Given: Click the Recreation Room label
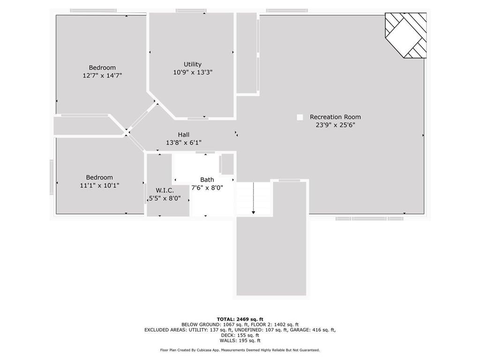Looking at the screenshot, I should tap(335, 117).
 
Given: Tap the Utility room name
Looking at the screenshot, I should tap(193, 64).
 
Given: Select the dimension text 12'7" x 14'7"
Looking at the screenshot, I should tap(102, 75).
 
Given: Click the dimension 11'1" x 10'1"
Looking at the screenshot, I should tap(99, 185).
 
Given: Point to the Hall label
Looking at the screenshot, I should tap(183, 135).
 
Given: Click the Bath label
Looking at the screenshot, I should tap(207, 180).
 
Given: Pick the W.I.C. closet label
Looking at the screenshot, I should tap(165, 190).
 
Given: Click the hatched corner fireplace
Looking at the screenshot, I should tap(406, 35).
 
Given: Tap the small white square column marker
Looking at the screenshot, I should tap(300, 117).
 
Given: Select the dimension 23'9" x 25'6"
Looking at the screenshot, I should tap(335, 125).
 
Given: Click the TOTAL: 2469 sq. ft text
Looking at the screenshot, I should tap(240, 319).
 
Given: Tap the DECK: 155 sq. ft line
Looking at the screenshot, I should tap(240, 335).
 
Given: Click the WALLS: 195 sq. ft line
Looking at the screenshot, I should tap(240, 341).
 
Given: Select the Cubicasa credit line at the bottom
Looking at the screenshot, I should tap(240, 350).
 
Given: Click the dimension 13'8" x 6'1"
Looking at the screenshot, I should tap(183, 142).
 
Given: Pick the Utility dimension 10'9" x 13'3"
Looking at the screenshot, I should tap(193, 72).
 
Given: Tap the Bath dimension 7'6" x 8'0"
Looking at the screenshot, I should tap(207, 187).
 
